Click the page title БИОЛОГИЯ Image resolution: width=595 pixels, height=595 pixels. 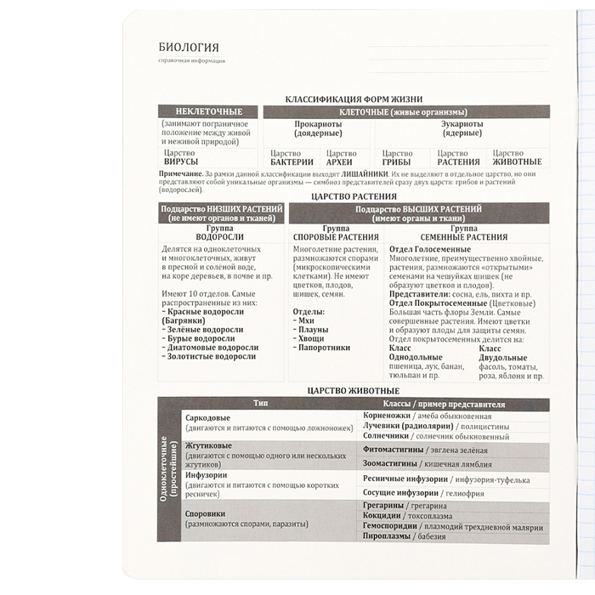coord(189,48)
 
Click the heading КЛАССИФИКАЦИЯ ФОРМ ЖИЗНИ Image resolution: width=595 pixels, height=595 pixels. coord(354,99)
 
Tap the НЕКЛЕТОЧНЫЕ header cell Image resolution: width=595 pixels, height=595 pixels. coord(208,112)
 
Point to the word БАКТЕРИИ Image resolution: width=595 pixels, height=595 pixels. coord(292,161)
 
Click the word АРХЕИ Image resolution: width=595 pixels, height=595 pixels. coord(342,161)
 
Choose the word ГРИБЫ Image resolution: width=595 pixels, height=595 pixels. coord(397,161)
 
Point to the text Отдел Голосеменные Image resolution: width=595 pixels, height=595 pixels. coord(429,249)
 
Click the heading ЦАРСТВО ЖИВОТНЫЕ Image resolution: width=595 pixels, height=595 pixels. coord(354,390)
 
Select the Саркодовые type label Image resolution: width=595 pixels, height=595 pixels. coord(207,418)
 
